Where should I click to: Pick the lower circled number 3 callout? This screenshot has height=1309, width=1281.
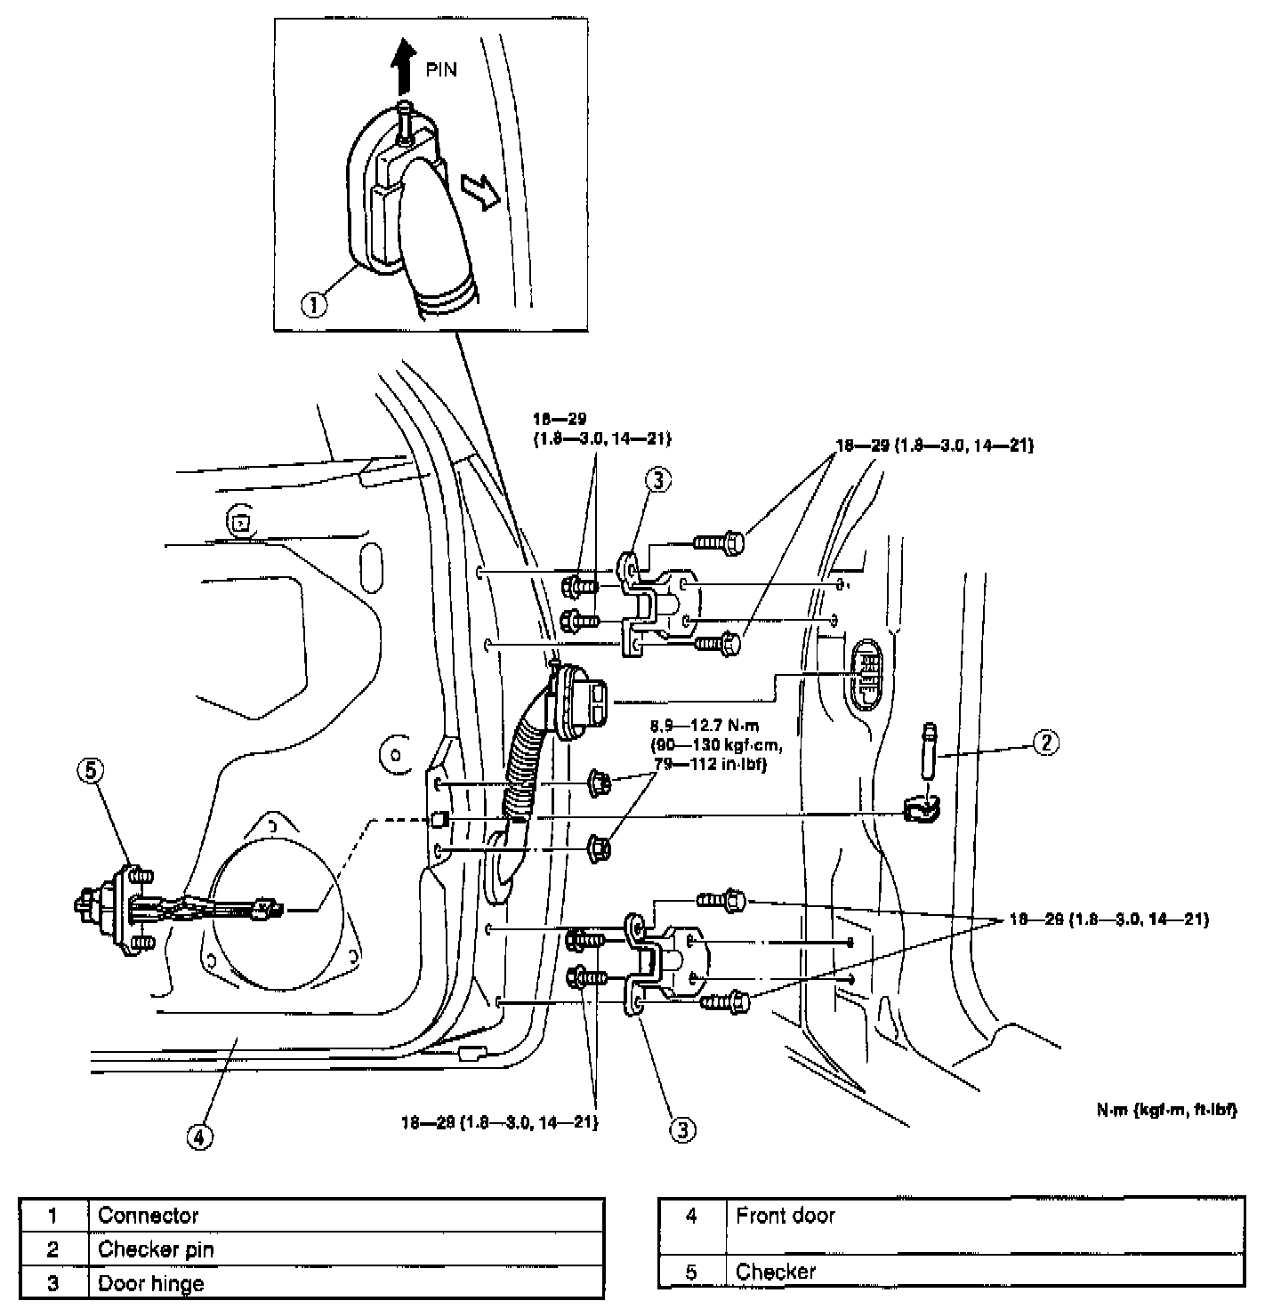point(681,1129)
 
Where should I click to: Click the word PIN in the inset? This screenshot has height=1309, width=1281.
point(441,69)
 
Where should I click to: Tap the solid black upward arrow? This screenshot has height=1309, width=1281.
point(405,64)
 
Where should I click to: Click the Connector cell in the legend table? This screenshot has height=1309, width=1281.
point(149,1216)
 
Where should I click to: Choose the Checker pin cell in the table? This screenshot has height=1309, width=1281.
point(156,1249)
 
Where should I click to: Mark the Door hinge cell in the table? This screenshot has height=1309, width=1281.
point(150,1283)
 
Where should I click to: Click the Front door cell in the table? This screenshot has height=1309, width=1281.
point(786,1215)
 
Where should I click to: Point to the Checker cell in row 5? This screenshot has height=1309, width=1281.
point(776,1271)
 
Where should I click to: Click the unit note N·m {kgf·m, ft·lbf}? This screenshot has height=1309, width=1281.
point(1166,1110)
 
